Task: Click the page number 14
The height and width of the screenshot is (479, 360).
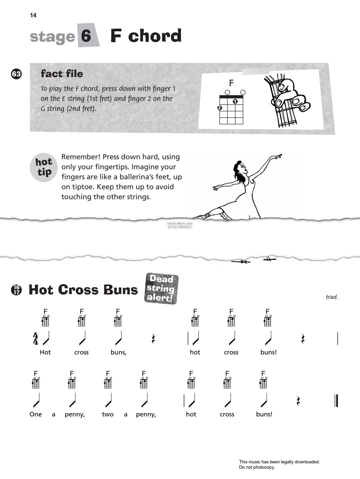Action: [33, 15]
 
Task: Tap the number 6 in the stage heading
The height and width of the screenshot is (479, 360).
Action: [86, 36]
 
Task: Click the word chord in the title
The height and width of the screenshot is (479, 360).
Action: [155, 36]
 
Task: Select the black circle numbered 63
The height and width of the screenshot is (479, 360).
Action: [16, 74]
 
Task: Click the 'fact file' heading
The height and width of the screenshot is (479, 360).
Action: [62, 74]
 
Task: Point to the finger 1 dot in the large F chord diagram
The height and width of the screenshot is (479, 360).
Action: [235, 101]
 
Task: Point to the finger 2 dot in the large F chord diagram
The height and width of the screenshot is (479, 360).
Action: [219, 108]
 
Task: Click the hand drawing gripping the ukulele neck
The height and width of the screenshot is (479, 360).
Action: [287, 100]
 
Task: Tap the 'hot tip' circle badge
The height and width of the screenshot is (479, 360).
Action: [44, 167]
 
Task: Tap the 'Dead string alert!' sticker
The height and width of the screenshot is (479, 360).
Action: [161, 288]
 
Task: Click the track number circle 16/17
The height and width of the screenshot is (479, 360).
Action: [16, 290]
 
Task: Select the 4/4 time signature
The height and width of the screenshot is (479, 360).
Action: [36, 339]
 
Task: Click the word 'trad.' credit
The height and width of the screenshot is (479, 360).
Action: [331, 297]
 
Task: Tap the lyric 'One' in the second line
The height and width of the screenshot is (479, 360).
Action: [36, 414]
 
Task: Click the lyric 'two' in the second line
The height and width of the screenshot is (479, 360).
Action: [108, 414]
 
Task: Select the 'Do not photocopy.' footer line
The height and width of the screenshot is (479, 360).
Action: [257, 467]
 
